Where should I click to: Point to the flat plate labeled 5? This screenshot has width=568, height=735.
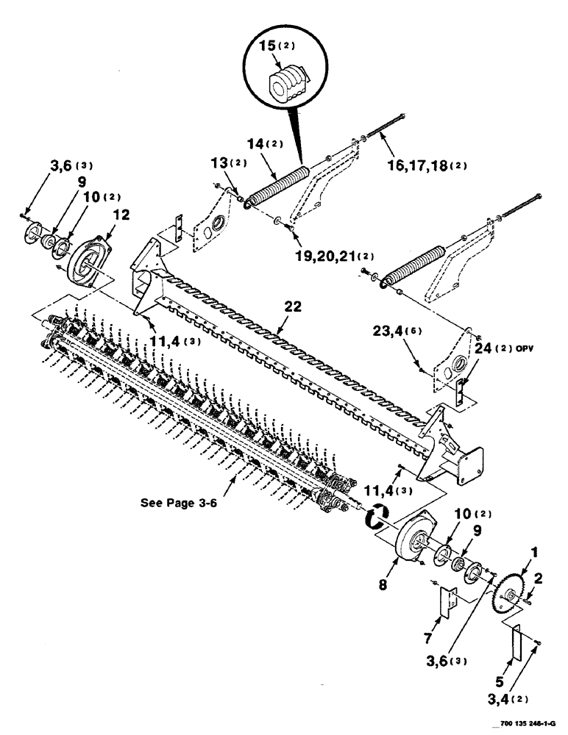[516, 644]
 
